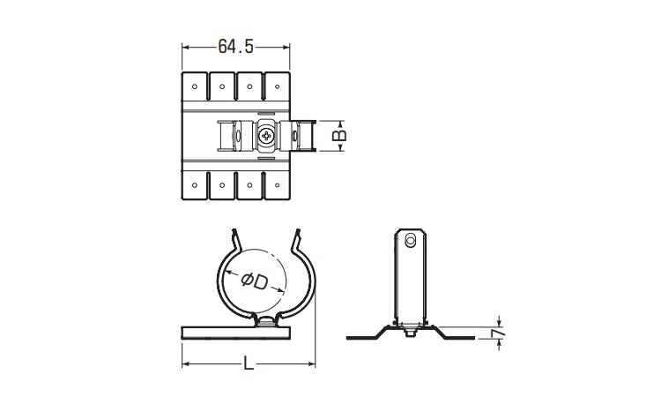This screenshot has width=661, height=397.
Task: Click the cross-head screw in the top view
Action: [x=268, y=135]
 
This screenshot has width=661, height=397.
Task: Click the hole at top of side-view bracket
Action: [x=409, y=240]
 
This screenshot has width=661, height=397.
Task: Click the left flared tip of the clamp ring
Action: [x=234, y=236]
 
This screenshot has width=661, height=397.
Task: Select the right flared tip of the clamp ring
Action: [x=298, y=236]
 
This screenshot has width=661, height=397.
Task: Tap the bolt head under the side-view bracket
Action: [x=409, y=333]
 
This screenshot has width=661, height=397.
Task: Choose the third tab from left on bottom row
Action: [x=249, y=186]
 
